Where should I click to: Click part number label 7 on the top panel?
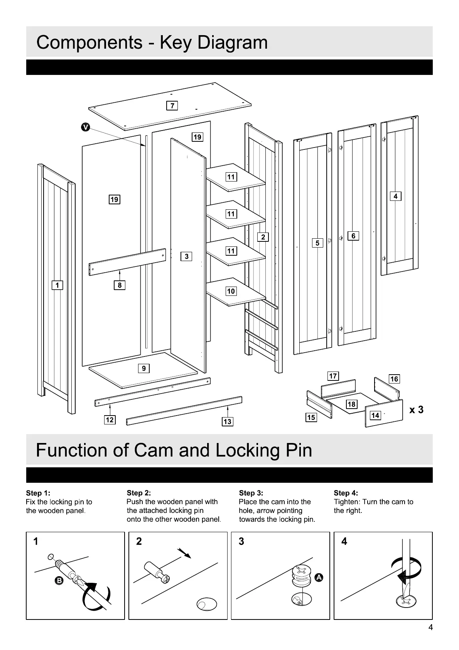[172, 105]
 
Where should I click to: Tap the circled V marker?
[86, 127]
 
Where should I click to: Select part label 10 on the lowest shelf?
[231, 291]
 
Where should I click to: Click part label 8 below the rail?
[120, 285]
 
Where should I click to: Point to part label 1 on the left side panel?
[57, 285]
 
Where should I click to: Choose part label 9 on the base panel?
[143, 368]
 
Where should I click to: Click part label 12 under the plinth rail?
[110, 419]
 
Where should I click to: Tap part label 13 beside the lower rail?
[227, 421]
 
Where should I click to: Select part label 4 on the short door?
[395, 196]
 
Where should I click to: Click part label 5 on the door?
[317, 243]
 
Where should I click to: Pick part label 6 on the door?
[353, 236]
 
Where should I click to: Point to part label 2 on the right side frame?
[263, 237]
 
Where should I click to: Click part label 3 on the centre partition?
[186, 256]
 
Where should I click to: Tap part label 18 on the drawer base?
[351, 404]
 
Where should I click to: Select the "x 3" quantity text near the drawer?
[416, 410]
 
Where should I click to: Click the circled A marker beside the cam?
[319, 578]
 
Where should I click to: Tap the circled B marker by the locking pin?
[59, 580]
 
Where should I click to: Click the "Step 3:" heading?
[251, 493]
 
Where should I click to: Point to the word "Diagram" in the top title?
[233, 42]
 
